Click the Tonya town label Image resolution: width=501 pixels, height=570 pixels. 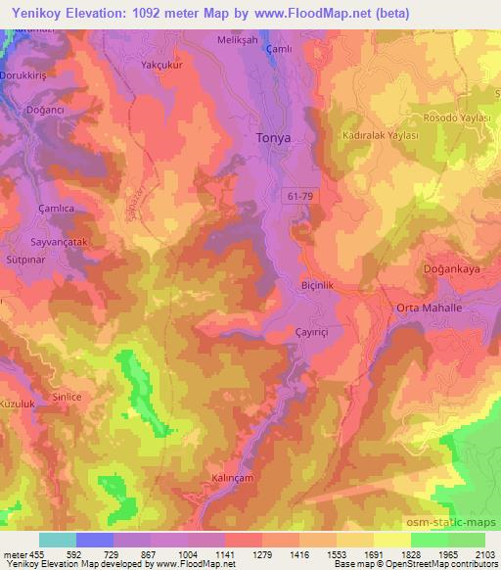273,138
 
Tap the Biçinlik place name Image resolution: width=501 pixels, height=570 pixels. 321,286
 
